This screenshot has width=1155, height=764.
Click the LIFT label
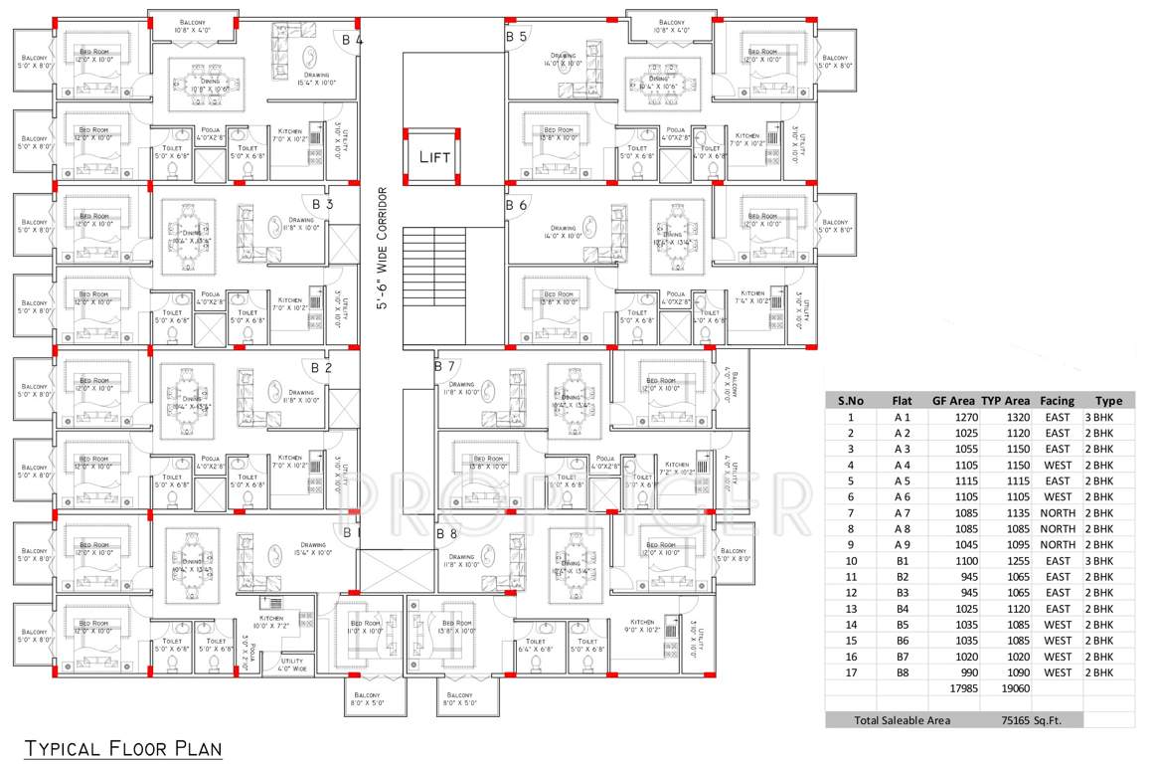click(x=433, y=156)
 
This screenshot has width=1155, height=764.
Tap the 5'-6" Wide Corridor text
click(x=381, y=249)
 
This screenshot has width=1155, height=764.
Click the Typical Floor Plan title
click(x=122, y=746)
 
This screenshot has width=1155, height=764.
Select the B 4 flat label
click(x=352, y=41)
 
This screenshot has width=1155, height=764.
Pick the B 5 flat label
click(x=516, y=37)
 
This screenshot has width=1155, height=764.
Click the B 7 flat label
click(x=444, y=366)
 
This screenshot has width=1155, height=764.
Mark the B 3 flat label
click(x=322, y=204)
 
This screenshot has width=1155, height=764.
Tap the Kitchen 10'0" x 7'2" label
click(x=271, y=621)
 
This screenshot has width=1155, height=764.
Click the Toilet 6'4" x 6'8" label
click(x=535, y=645)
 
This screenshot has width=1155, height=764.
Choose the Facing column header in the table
click(x=1057, y=401)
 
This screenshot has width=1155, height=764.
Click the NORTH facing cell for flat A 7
click(x=1057, y=512)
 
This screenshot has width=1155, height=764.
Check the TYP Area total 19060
click(x=1015, y=687)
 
